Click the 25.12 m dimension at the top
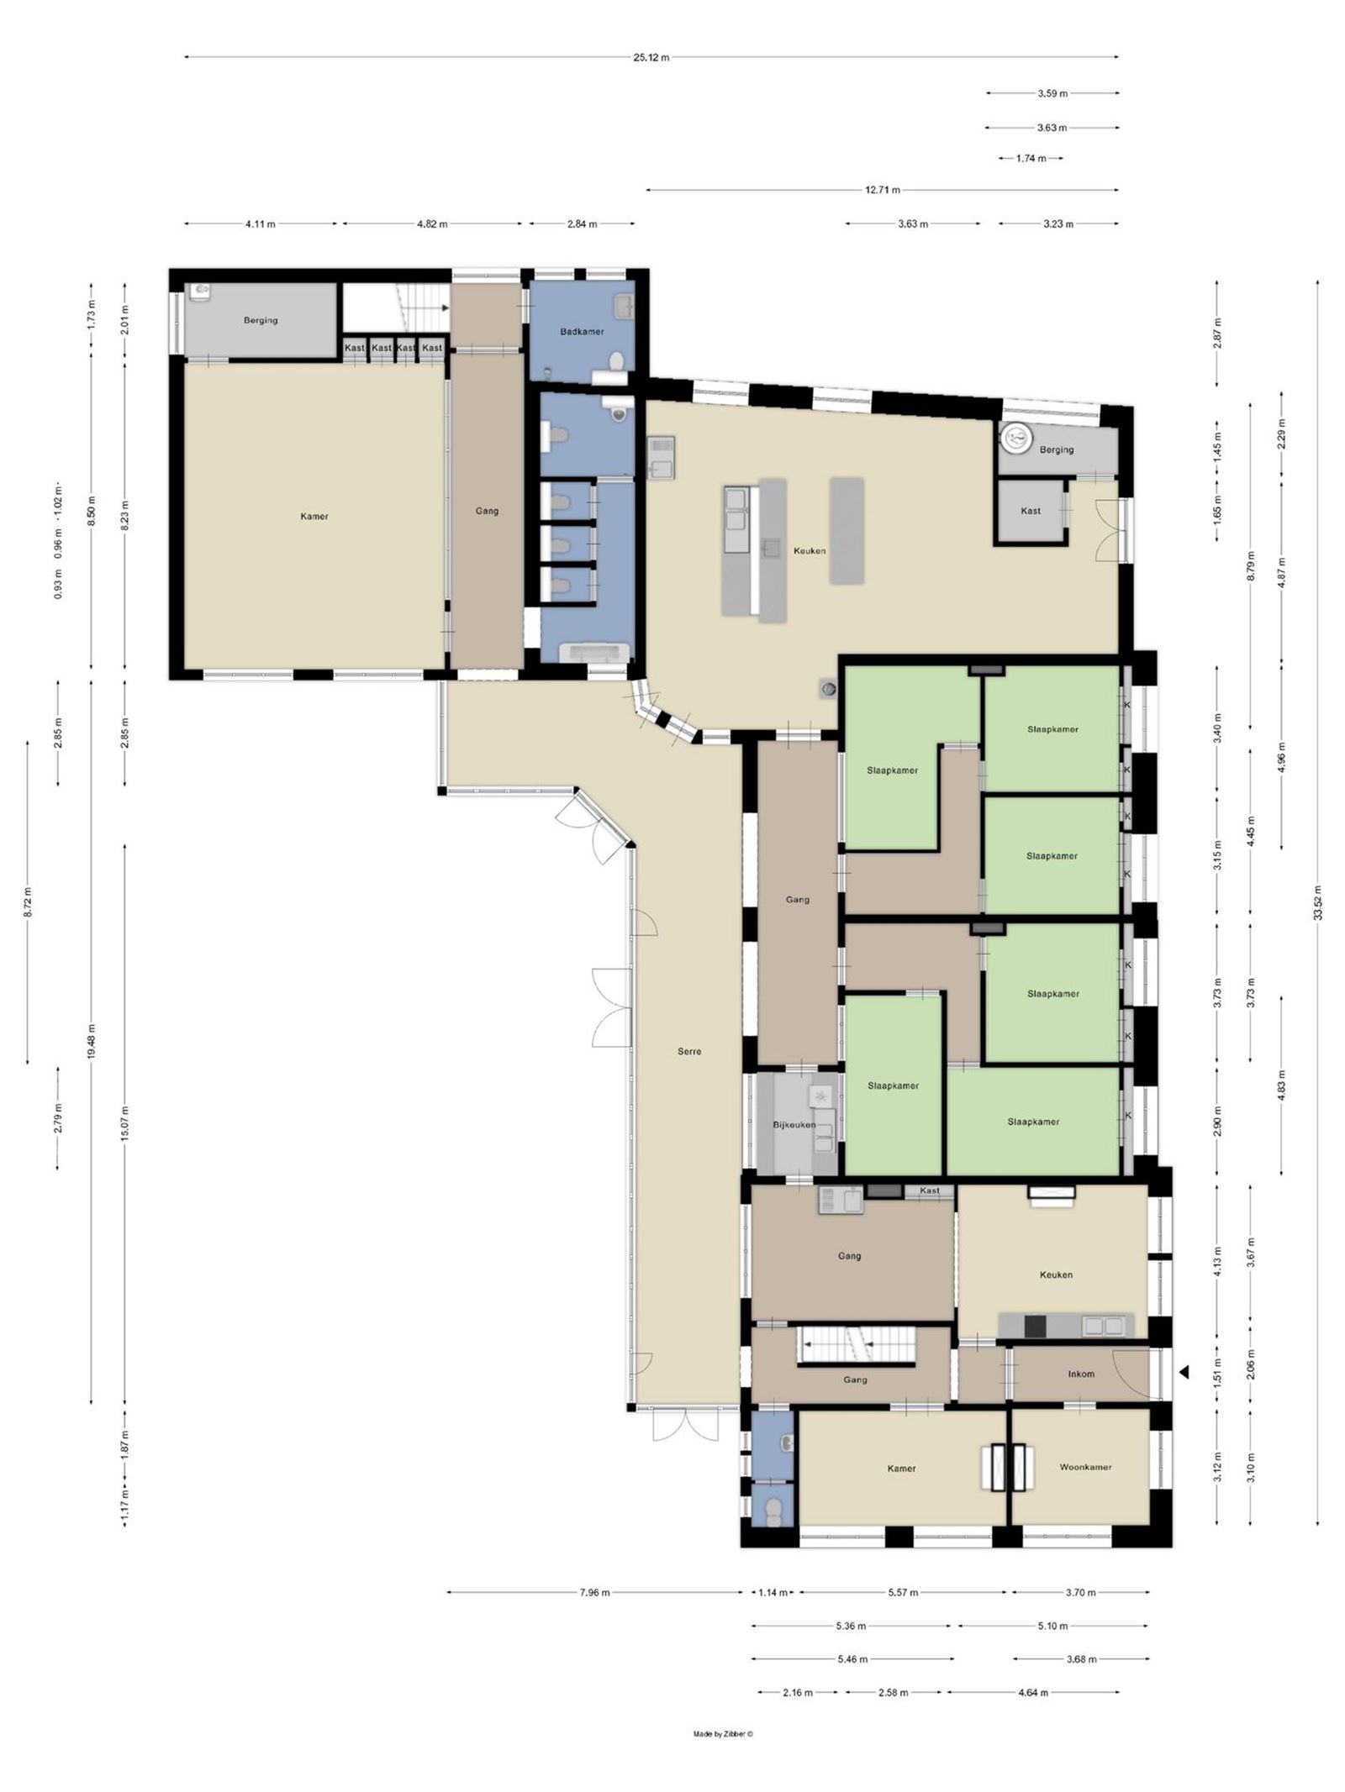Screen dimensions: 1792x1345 tap(651, 58)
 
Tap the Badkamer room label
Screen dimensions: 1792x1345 tap(582, 332)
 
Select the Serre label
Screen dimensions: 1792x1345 tap(689, 1051)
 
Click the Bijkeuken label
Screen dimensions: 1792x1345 tap(794, 1124)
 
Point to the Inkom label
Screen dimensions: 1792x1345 tap(1081, 1374)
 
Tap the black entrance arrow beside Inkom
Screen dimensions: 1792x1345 tap(1184, 1373)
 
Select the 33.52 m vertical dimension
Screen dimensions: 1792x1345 tap(1318, 902)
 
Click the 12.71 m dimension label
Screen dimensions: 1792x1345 tap(883, 190)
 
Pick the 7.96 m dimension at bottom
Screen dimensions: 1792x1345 tap(594, 1592)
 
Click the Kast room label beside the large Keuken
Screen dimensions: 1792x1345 tap(1031, 511)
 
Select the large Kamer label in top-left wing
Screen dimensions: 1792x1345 tap(314, 516)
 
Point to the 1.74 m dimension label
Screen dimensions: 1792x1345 tap(1031, 158)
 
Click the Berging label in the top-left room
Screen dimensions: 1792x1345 tap(261, 320)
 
